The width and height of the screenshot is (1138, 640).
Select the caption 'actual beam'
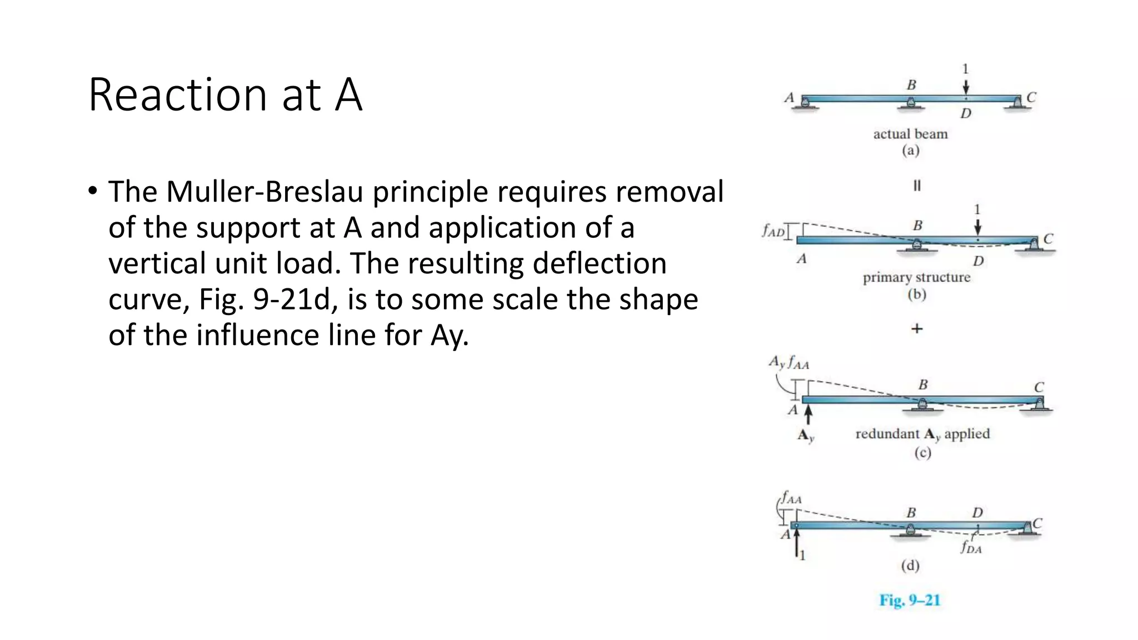coord(910,134)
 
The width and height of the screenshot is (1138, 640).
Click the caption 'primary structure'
coord(916,277)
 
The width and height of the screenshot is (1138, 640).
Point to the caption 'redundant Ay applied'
coord(922,434)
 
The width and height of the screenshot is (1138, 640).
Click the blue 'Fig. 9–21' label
coord(910,600)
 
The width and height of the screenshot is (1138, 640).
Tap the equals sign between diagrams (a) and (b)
coord(917,186)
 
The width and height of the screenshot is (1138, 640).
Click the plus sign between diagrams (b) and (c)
coord(917,329)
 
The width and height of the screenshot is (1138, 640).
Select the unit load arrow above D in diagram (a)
coord(966,86)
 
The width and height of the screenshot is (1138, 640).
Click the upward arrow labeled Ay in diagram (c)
coord(808,414)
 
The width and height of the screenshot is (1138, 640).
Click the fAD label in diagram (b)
coord(773,231)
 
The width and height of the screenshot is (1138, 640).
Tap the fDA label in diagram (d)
coord(971,548)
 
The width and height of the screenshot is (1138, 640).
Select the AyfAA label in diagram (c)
coord(788,363)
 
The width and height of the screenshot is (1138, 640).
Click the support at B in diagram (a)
coord(910,103)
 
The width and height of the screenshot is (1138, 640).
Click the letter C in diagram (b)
coord(1048,239)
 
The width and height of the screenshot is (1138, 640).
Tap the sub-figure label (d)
coord(910,566)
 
